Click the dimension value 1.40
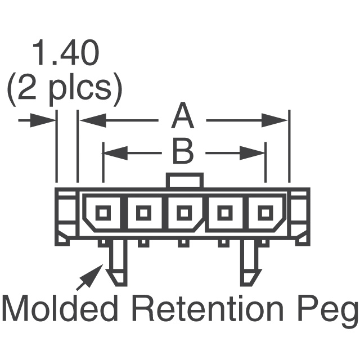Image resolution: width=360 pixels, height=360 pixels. pyautogui.click(x=66, y=55)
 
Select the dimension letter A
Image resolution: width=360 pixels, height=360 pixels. pyautogui.click(x=183, y=118)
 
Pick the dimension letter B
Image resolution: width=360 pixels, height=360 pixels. pyautogui.click(x=183, y=151)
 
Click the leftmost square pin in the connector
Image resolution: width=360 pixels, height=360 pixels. pyautogui.click(x=103, y=213)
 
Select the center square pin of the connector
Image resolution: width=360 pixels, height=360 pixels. pyautogui.click(x=184, y=213)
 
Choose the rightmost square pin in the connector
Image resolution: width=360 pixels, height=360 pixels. pyautogui.click(x=264, y=213)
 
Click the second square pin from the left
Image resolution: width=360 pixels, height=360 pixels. pyautogui.click(x=144, y=213)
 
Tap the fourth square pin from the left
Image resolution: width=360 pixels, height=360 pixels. pyautogui.click(x=224, y=213)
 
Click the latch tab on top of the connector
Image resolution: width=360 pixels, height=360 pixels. pyautogui.click(x=184, y=181)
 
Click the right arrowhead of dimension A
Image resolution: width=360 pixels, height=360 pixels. pyautogui.click(x=278, y=119)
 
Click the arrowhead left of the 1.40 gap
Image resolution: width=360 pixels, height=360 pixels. pyautogui.click(x=47, y=119)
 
